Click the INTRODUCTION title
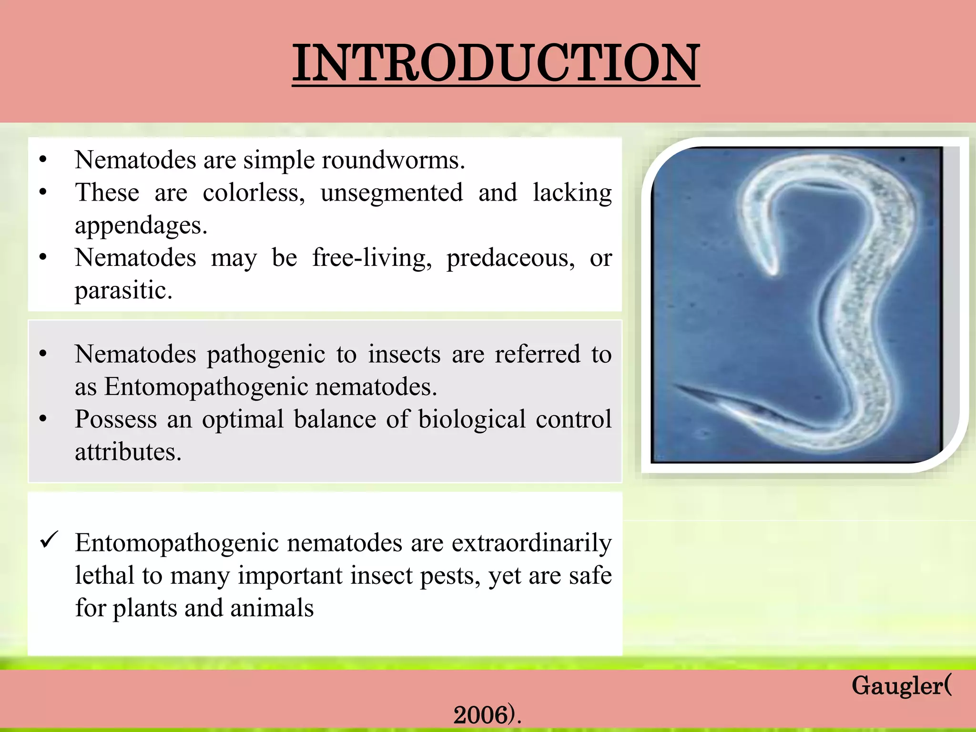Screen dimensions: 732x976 [496, 63]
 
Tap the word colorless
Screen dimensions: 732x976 [254, 193]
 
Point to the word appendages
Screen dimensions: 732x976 [141, 225]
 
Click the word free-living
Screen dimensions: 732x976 [372, 258]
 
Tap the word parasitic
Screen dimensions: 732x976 [123, 291]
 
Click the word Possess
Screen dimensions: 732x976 [116, 419]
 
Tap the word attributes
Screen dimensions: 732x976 [128, 452]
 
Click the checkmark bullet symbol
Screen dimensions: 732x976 [49, 540]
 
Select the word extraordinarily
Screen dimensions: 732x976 [531, 543]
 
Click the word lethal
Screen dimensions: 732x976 [104, 575]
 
